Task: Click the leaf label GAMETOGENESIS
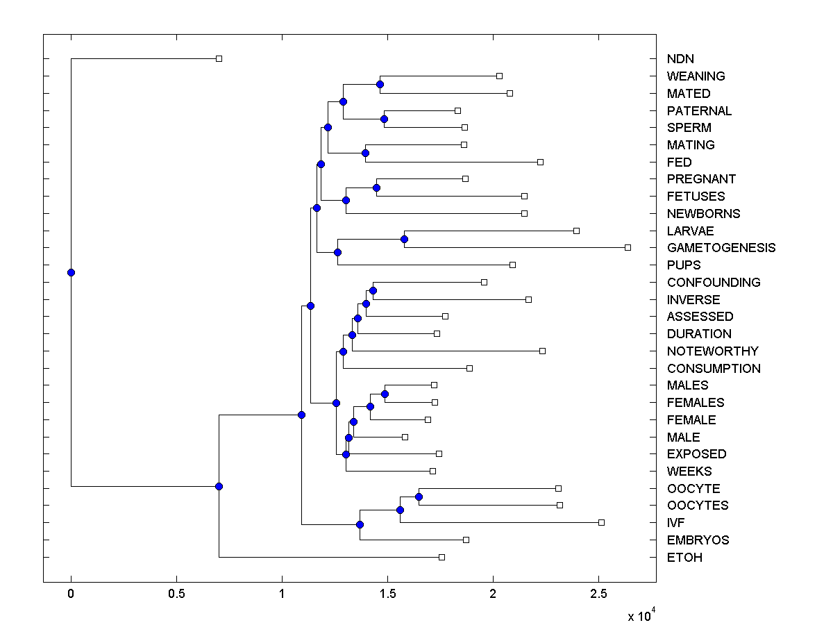[x=721, y=248]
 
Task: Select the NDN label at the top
[x=680, y=59]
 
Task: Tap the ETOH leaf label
[x=684, y=558]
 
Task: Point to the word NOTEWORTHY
[x=713, y=351]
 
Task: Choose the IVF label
[x=678, y=523]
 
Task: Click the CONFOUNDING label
[x=714, y=283]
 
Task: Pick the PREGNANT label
[x=701, y=179]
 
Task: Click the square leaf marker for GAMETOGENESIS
[x=628, y=247]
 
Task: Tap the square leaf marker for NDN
[x=219, y=59]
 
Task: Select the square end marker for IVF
[x=601, y=522]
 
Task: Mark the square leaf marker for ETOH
[x=441, y=557]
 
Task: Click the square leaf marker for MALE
[x=405, y=437]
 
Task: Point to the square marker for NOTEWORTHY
[x=542, y=351]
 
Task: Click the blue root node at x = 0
[x=71, y=272]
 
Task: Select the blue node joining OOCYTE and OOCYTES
[x=419, y=497]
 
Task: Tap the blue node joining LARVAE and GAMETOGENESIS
[x=405, y=239]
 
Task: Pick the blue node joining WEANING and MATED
[x=380, y=85]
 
